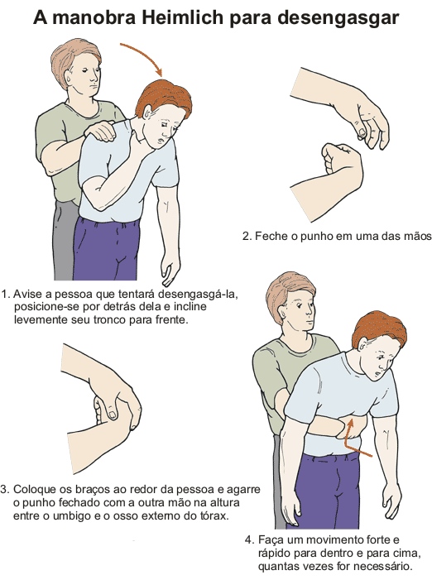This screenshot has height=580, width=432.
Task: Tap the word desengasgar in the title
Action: (338, 18)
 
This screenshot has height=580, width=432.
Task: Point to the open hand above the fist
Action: (370, 122)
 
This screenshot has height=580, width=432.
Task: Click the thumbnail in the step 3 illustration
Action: (112, 413)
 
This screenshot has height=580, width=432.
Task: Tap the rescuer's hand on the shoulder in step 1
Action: (100, 131)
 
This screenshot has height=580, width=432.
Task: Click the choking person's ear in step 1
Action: (146, 112)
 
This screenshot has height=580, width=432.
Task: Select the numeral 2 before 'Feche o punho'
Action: (246, 236)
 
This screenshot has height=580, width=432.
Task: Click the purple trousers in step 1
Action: (106, 249)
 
